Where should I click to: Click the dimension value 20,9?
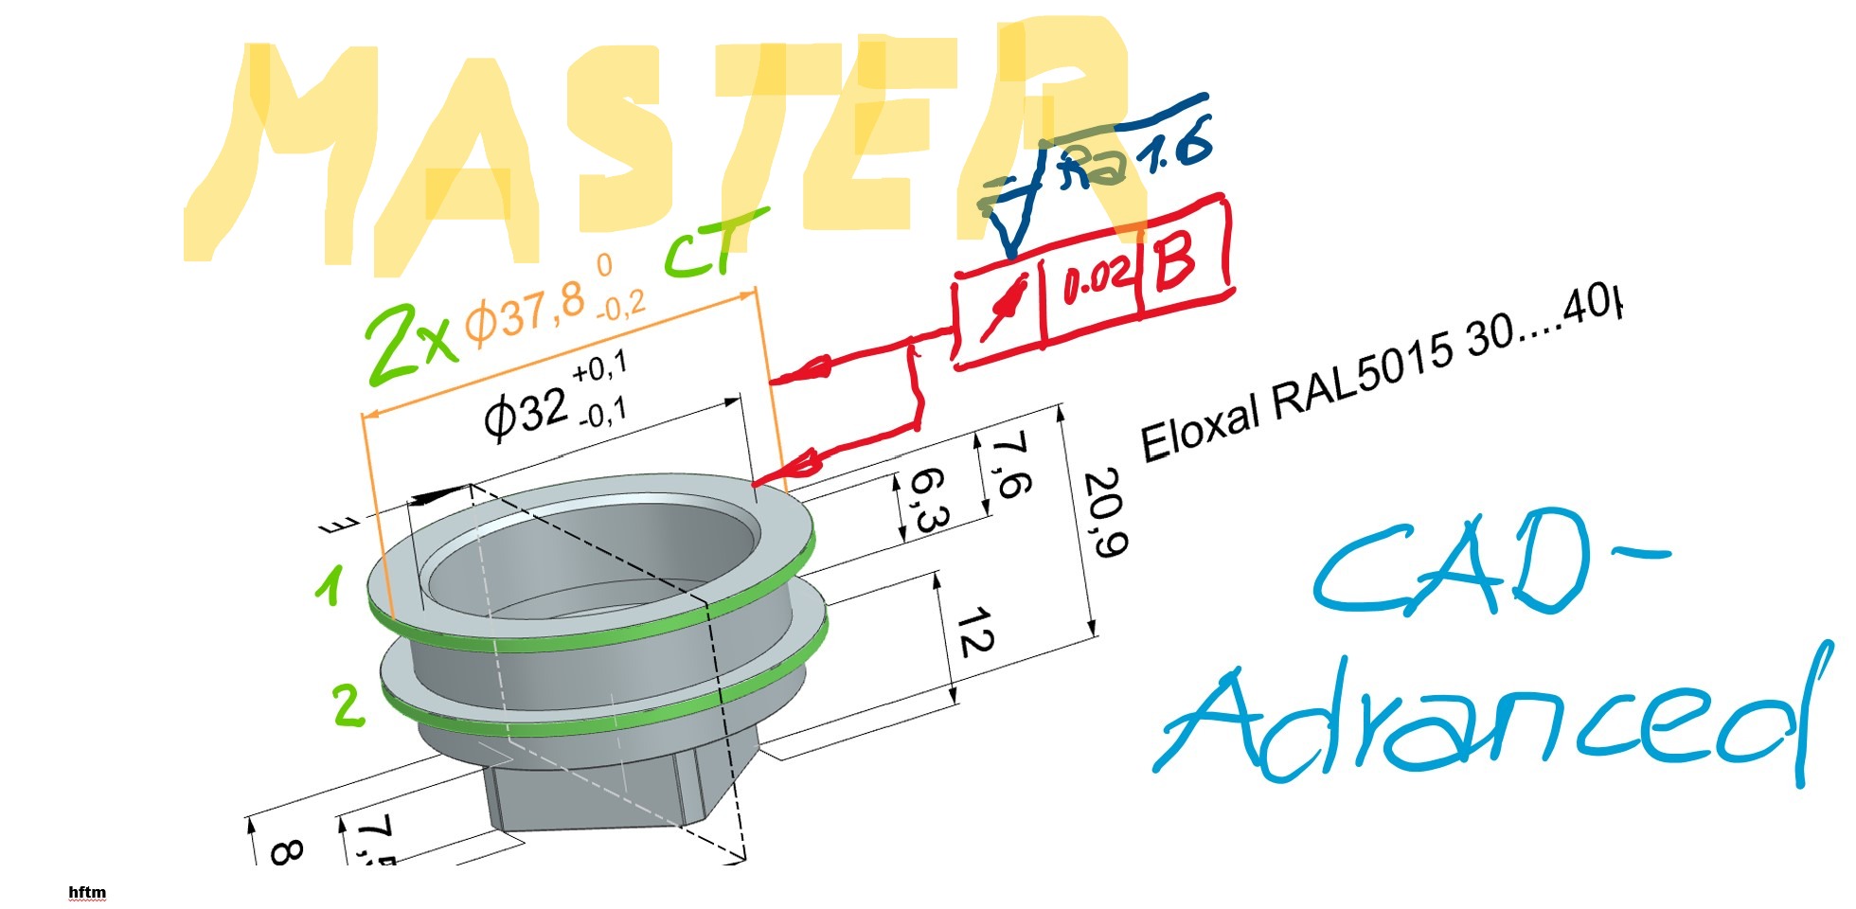(1104, 512)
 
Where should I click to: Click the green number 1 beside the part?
(330, 586)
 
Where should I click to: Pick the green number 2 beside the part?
(348, 706)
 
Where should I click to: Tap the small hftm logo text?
(87, 893)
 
